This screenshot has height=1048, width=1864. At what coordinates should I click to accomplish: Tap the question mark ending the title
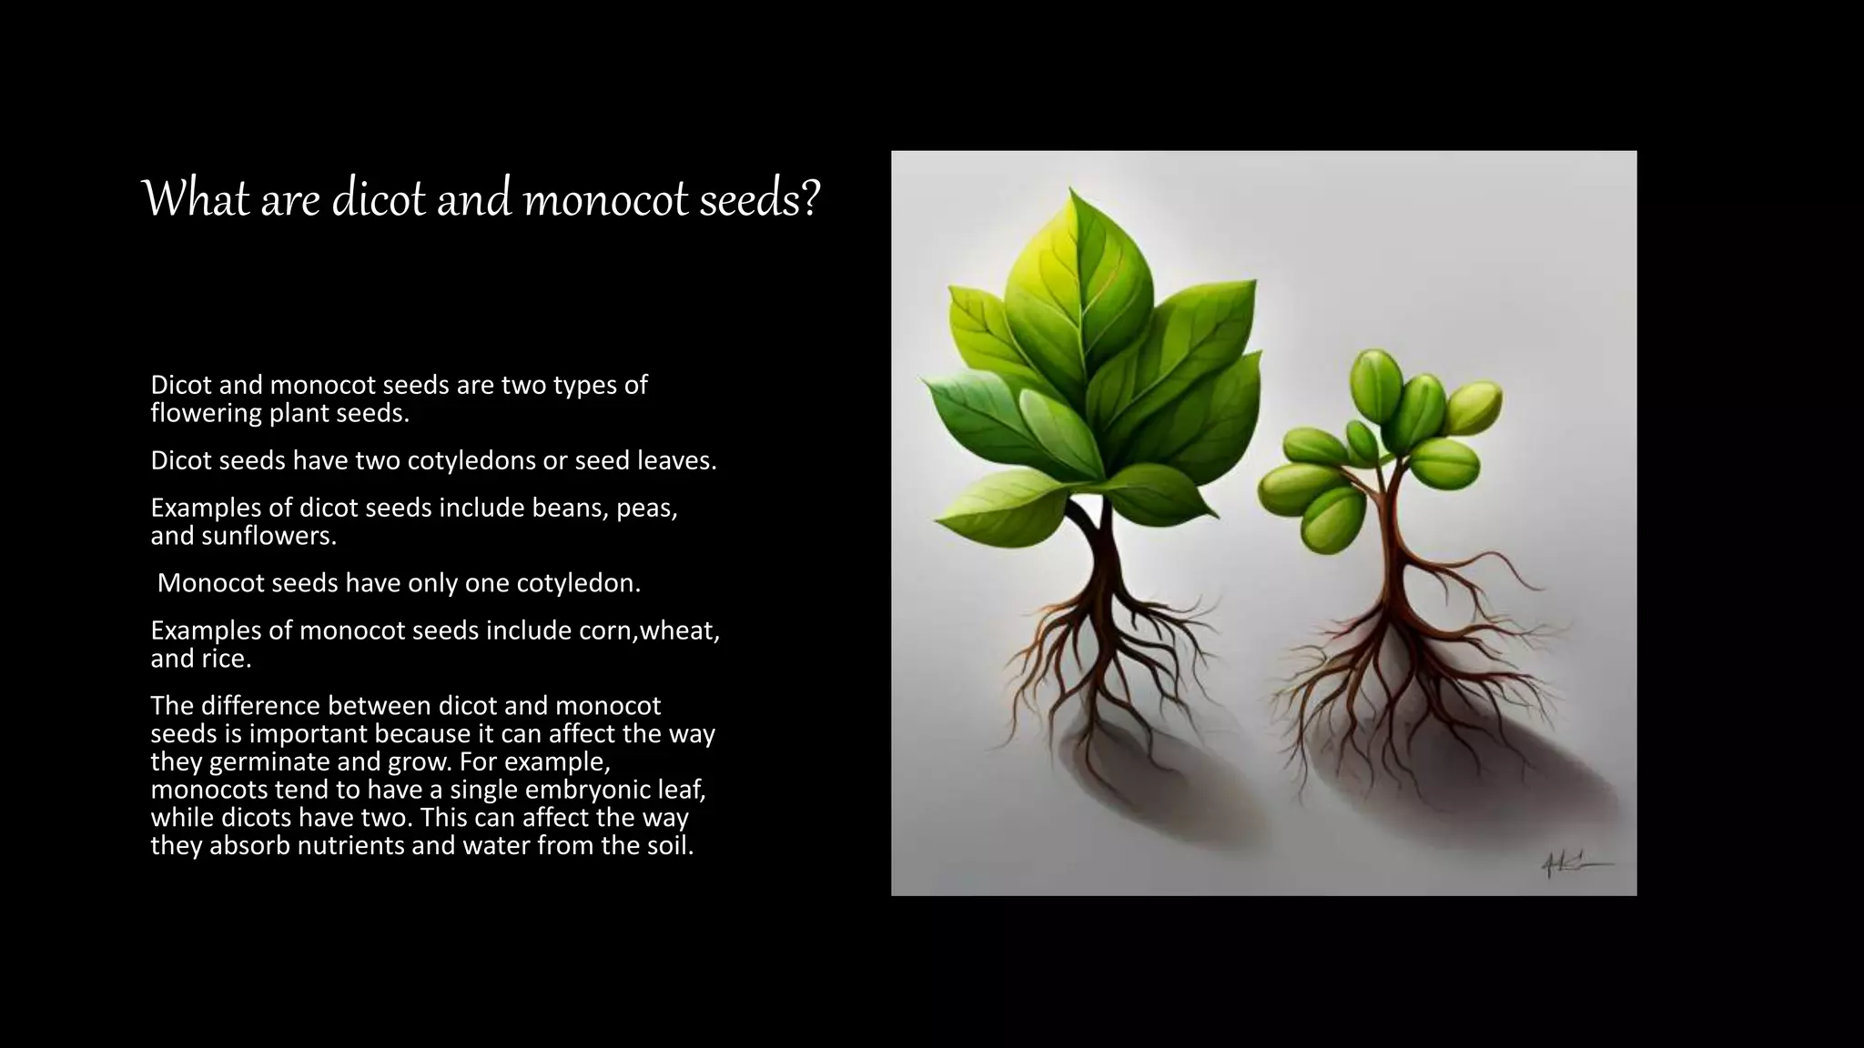tap(810, 199)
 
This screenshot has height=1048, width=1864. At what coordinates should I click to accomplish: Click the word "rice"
tap(226, 659)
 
